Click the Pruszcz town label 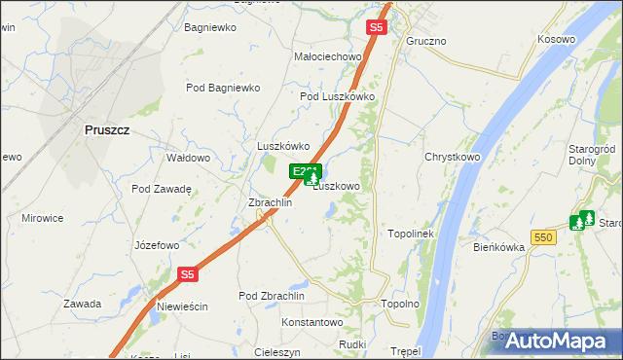(x=107, y=129)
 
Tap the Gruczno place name (x=425, y=42)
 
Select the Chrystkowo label (x=453, y=157)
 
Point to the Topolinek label (x=418, y=234)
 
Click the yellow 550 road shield (x=544, y=236)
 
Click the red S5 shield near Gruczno (x=377, y=27)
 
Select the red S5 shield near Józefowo (x=188, y=275)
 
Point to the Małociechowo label (x=328, y=57)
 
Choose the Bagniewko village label (x=210, y=27)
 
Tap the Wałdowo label (x=189, y=158)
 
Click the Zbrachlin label (x=270, y=202)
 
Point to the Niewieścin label (x=182, y=306)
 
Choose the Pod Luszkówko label (x=338, y=96)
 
